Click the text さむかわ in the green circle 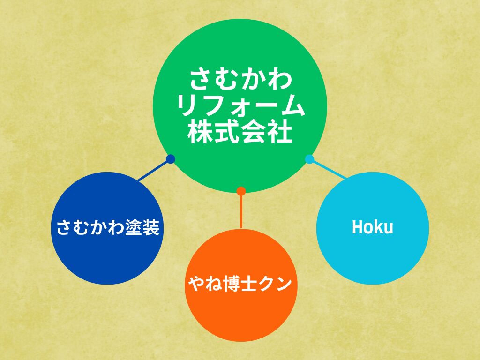241,79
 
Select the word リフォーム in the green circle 241,105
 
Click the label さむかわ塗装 108,227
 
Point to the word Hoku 372,227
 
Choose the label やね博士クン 240,284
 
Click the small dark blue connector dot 171,159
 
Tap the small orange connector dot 241,191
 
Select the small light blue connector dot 309,159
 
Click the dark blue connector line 154,170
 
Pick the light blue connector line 329,169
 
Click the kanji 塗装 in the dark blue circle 142,227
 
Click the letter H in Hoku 357,227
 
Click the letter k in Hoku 378,227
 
